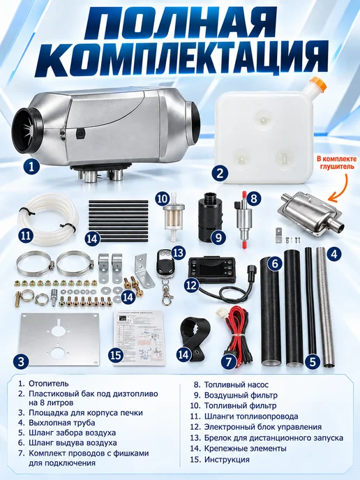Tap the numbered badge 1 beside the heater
[x=31, y=167]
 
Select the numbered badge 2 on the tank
[x=220, y=174]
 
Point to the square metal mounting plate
[x=60, y=340]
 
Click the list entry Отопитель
[x=49, y=384]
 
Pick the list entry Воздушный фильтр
[x=241, y=395]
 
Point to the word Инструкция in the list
[x=227, y=460]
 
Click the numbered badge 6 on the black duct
[x=275, y=263]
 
